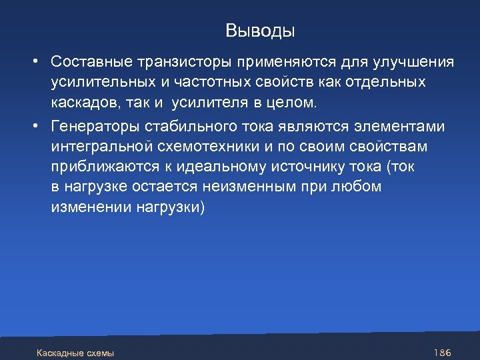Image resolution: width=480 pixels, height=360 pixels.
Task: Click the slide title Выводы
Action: [x=260, y=31]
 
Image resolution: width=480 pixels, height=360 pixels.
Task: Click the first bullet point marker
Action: [x=33, y=62]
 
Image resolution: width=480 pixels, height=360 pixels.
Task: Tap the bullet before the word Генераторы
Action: [x=33, y=127]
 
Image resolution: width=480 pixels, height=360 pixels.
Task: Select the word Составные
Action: [x=90, y=62]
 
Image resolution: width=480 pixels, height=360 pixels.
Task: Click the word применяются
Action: [x=281, y=62]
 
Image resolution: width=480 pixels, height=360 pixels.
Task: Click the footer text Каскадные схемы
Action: [x=75, y=353]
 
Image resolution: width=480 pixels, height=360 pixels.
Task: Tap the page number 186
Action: [x=443, y=352]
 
